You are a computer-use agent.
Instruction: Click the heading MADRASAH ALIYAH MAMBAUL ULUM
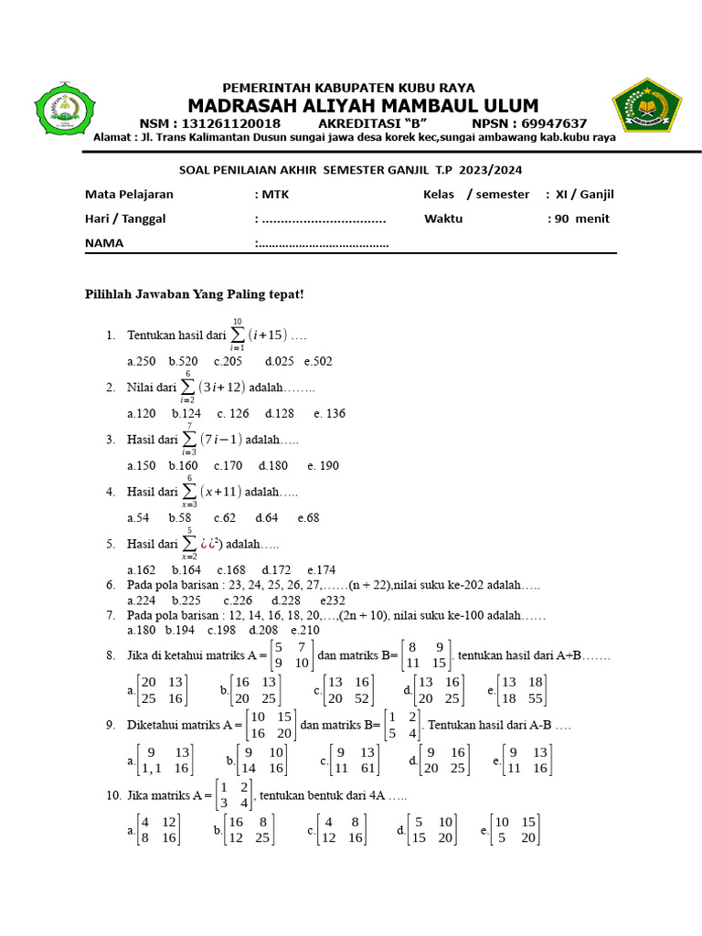pos(363,105)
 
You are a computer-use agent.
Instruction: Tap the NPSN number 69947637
pos(548,123)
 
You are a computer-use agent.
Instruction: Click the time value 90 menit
pos(582,218)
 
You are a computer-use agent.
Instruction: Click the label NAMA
pos(104,243)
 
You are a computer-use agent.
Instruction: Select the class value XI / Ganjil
pos(584,194)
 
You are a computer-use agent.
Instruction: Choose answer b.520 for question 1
pos(184,361)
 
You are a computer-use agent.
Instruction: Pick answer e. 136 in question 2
pos(329,413)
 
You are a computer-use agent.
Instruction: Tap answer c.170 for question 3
pos(228,465)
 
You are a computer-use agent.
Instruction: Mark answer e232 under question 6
pos(333,601)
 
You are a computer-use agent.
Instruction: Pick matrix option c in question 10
pos(340,829)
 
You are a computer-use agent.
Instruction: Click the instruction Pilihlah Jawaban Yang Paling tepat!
pos(194,293)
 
